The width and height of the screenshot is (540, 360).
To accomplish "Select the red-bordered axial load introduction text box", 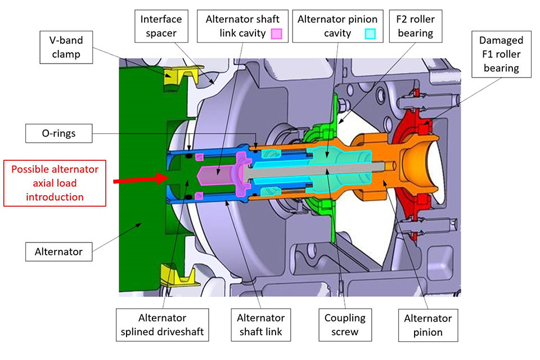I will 55,183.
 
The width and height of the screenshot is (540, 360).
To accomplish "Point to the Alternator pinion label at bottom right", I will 423,325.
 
